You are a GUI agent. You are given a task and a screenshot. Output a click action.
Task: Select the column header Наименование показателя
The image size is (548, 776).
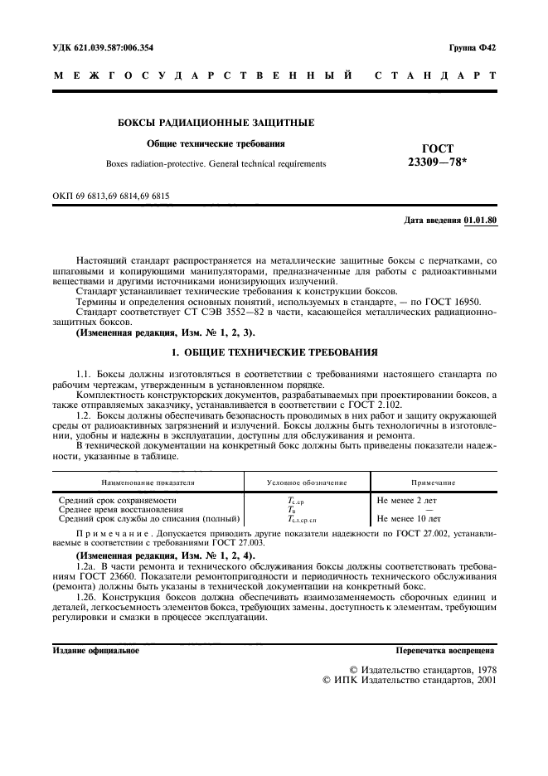coord(148,482)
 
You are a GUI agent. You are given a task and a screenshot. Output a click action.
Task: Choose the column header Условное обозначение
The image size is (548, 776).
coord(307,482)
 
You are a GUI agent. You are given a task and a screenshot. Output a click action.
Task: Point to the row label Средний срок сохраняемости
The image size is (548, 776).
coord(118,501)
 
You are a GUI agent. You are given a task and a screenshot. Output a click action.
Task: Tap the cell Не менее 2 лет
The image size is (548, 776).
coord(406,501)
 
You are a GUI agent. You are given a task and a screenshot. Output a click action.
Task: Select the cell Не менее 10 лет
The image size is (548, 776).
coord(409,518)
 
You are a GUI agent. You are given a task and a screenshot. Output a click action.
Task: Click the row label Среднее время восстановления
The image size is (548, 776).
coord(122,509)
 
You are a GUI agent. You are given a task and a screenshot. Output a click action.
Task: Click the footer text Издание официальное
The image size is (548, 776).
coord(95,651)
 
